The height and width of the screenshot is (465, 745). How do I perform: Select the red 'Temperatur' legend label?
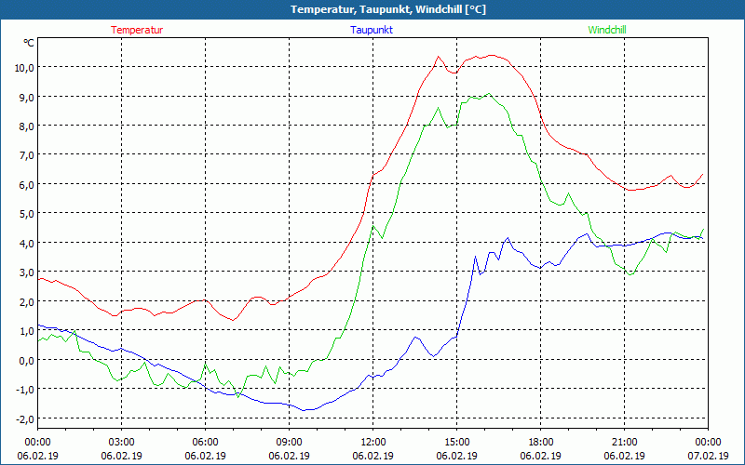click(x=137, y=30)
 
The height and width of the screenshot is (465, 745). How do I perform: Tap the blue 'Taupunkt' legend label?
click(x=372, y=30)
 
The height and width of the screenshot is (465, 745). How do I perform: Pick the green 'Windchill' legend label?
click(x=607, y=30)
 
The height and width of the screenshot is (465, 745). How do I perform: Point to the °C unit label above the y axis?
click(x=29, y=43)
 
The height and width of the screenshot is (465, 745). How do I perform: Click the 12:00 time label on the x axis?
click(x=372, y=442)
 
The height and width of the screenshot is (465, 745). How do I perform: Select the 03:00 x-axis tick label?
click(x=121, y=442)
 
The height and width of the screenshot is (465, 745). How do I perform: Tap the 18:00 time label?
click(x=540, y=442)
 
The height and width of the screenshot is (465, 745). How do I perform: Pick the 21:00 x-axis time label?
click(x=624, y=442)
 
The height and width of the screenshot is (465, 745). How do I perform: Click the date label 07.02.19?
click(x=708, y=456)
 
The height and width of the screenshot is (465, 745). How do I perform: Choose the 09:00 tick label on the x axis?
click(x=289, y=442)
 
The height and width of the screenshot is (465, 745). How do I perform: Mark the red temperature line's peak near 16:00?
click(x=491, y=55)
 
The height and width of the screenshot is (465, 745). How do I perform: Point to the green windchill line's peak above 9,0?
click(x=488, y=93)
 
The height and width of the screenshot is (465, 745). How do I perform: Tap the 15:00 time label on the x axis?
click(x=456, y=442)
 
